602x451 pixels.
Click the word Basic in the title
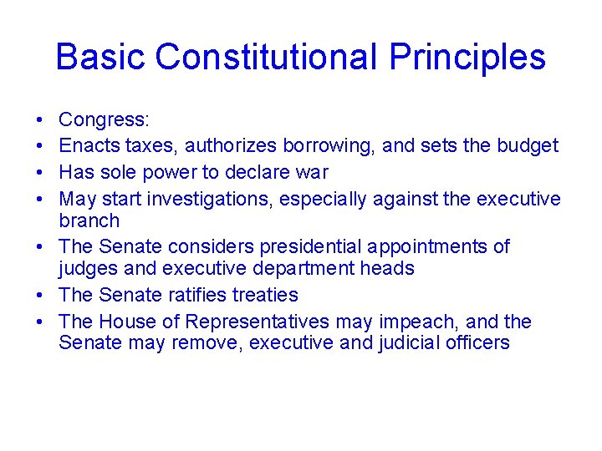click(x=100, y=58)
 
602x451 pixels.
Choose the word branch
click(x=89, y=220)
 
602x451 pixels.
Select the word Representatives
click(x=258, y=322)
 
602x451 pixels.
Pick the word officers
click(x=474, y=342)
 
